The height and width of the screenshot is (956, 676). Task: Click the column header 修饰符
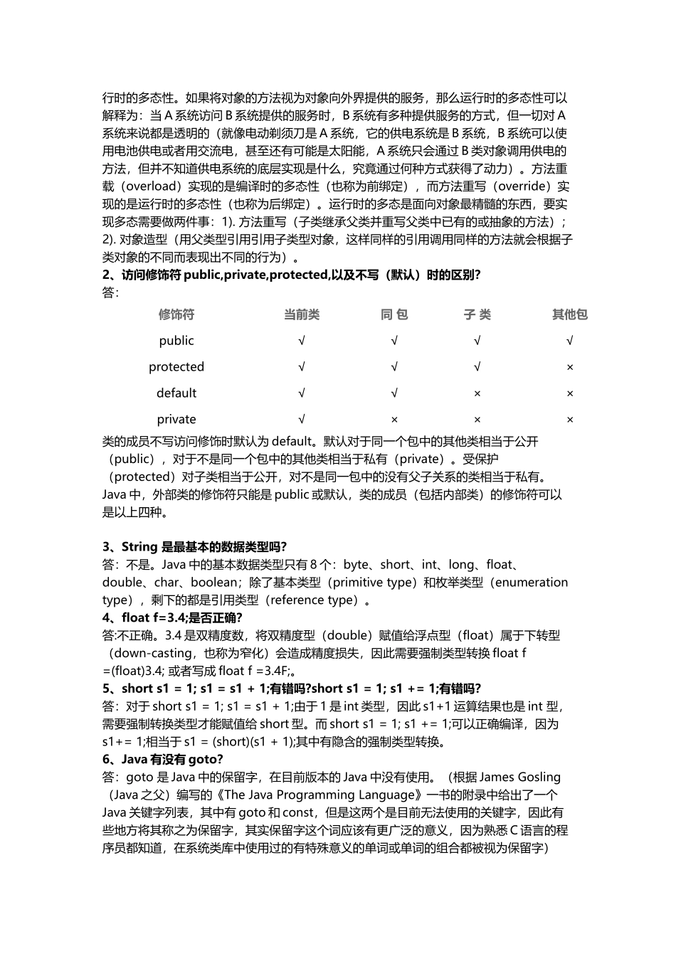[176, 314]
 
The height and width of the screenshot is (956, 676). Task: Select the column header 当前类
[302, 314]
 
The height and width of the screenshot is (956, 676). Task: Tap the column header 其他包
[569, 314]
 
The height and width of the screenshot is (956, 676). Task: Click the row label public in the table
[176, 341]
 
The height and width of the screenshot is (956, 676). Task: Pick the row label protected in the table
[176, 367]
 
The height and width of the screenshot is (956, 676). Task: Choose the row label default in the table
[176, 393]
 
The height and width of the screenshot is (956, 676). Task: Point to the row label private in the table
[176, 420]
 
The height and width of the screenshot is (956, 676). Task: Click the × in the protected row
[569, 368]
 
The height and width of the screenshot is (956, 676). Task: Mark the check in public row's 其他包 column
[569, 341]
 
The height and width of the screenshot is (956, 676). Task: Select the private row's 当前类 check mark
[302, 420]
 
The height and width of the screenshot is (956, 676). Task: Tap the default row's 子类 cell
[477, 394]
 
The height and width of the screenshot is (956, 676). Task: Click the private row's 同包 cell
[394, 420]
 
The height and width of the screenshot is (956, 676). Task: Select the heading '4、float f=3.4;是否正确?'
[172, 617]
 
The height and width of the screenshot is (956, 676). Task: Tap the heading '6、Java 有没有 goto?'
[163, 759]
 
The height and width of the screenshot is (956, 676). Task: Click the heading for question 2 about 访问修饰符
[291, 275]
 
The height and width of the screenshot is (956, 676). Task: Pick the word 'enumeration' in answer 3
[531, 583]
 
